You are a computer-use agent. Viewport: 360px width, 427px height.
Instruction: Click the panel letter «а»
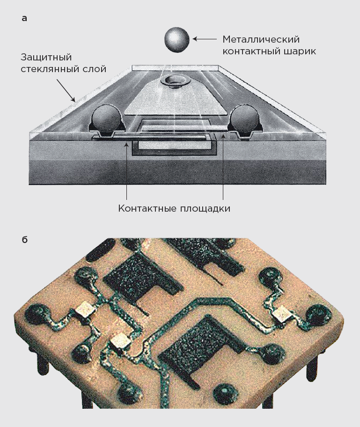tap(24, 19)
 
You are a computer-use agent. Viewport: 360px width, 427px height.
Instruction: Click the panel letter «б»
tap(24, 240)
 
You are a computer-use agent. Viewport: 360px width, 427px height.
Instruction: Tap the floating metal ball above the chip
tap(177, 40)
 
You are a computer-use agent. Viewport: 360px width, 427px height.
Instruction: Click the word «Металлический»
tap(261, 39)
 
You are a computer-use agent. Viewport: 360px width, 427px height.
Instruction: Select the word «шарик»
tap(299, 51)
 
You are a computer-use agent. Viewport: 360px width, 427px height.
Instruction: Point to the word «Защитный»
tap(46, 58)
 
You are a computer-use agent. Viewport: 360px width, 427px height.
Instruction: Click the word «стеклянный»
tap(50, 69)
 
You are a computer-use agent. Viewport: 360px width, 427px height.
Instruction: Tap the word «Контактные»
tap(147, 209)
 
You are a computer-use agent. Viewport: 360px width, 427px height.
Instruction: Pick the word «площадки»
tap(205, 209)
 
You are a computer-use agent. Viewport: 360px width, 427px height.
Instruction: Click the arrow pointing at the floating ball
tap(205, 39)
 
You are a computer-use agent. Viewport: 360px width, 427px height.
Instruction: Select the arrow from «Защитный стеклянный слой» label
tap(66, 90)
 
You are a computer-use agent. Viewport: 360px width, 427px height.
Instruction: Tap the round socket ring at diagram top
tap(174, 81)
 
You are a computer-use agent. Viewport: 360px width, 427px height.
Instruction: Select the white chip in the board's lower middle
tap(121, 341)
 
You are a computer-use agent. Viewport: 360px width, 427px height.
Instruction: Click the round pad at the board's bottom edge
tap(225, 394)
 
